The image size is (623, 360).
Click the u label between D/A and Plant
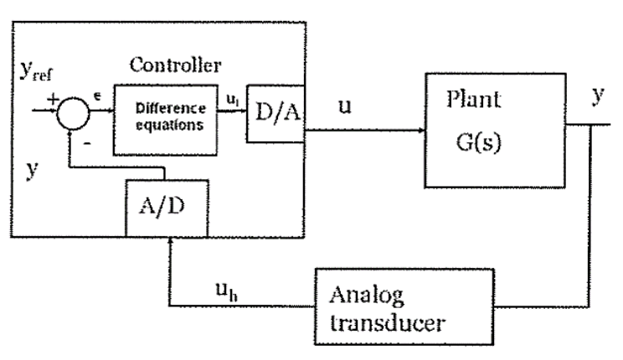[345, 108]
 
